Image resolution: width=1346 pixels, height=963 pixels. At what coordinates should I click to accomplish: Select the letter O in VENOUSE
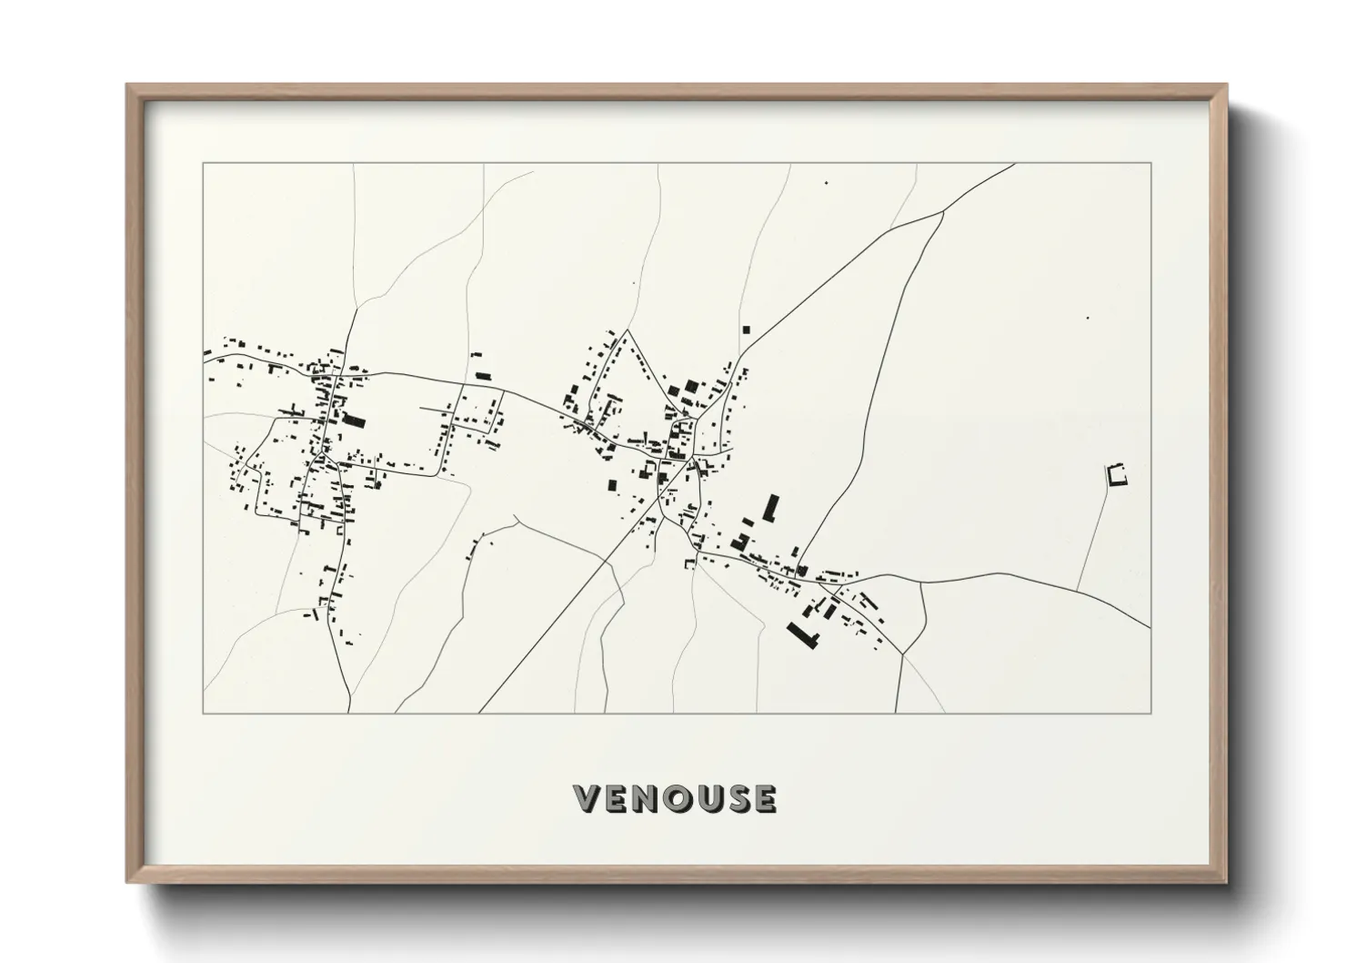[677, 798]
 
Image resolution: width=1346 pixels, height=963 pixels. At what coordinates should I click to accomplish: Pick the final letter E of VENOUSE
[765, 798]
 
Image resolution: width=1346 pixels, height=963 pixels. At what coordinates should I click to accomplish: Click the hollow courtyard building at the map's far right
[1116, 474]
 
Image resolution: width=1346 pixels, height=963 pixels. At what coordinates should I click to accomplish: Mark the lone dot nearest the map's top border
[827, 184]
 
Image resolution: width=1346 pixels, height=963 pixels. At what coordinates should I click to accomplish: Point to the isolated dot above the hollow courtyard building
[1088, 318]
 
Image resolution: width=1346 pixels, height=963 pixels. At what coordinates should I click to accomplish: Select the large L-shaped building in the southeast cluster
[803, 633]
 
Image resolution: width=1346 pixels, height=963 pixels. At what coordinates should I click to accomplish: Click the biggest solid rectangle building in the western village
[353, 421]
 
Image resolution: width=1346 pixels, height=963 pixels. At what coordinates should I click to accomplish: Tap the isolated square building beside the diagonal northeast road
[747, 329]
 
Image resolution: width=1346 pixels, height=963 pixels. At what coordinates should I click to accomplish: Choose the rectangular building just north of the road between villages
[483, 375]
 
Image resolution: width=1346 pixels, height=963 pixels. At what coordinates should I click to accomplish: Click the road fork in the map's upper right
[944, 211]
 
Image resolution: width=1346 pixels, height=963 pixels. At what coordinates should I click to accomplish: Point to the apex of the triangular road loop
[626, 330]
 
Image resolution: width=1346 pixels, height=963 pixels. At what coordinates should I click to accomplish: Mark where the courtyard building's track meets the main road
[1078, 589]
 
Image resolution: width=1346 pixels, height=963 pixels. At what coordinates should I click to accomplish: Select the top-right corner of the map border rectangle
[1150, 164]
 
